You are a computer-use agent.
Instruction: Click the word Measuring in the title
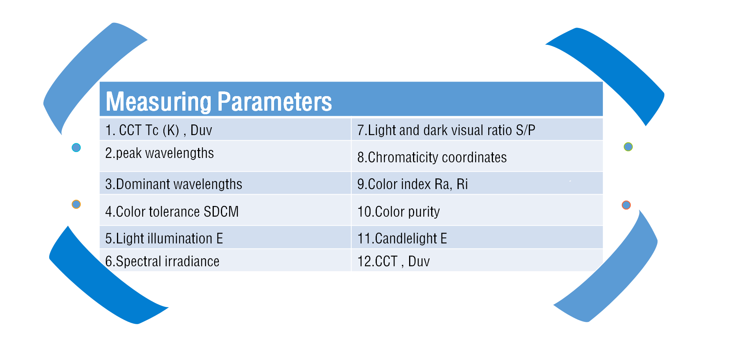(x=159, y=102)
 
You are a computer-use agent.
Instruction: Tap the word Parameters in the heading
(x=274, y=101)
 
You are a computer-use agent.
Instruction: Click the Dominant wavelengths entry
(x=174, y=184)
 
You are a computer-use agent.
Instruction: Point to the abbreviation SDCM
(x=221, y=212)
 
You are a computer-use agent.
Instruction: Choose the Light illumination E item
(x=164, y=239)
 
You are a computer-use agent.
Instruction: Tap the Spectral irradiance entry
(x=162, y=262)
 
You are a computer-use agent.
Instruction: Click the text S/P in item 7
(x=526, y=130)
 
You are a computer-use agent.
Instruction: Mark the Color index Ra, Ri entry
(x=413, y=184)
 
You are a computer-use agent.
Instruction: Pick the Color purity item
(x=398, y=212)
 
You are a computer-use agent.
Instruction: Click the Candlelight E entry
(x=402, y=239)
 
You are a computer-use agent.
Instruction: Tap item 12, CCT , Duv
(x=393, y=262)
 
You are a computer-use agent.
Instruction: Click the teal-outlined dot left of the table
(x=76, y=148)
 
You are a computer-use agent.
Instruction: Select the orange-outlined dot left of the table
(x=76, y=204)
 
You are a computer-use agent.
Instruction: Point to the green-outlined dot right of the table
(x=628, y=147)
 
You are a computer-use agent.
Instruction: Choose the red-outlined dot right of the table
(x=626, y=205)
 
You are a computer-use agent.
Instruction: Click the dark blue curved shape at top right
(x=614, y=67)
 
